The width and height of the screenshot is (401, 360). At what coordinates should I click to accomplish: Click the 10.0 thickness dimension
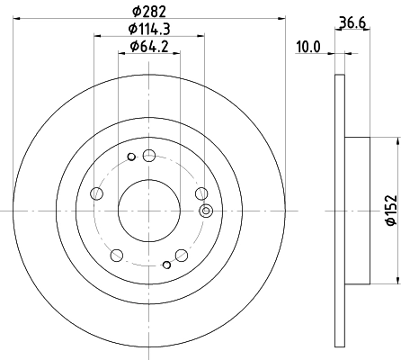pos(309,46)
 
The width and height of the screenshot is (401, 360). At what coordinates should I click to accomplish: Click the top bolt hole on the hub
pos(148,155)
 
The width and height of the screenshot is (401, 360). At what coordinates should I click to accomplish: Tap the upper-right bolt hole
pos(200,192)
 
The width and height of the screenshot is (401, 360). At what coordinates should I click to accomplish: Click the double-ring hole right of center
pos(206,212)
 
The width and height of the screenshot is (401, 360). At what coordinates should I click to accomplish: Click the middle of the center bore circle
pos(149,210)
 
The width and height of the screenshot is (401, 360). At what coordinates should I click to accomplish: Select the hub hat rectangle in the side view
pos(357,209)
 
